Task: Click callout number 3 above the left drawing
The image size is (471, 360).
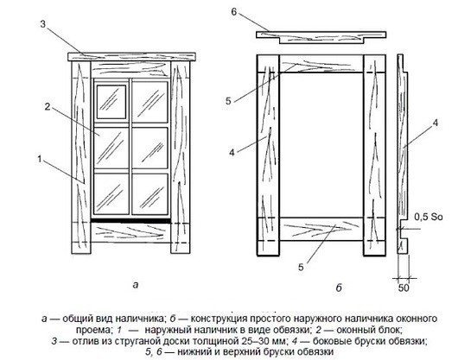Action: pyautogui.click(x=43, y=24)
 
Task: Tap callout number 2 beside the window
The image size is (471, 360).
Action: pyautogui.click(x=48, y=106)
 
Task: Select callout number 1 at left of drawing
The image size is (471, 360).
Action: pyautogui.click(x=40, y=159)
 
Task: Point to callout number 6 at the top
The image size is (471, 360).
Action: pyautogui.click(x=234, y=12)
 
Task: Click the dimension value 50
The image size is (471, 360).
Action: pyautogui.click(x=404, y=288)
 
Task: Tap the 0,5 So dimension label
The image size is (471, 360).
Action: pyautogui.click(x=429, y=217)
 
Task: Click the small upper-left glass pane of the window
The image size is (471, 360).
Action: pyautogui.click(x=111, y=102)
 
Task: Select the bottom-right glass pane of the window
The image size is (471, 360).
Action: pyautogui.click(x=150, y=194)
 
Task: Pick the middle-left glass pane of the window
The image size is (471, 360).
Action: pyautogui.click(x=111, y=148)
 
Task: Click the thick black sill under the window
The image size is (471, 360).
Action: pyautogui.click(x=130, y=221)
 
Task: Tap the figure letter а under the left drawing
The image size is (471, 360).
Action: pyautogui.click(x=136, y=284)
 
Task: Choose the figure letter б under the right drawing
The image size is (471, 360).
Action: pyautogui.click(x=339, y=287)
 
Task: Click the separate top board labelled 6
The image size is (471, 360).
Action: pyautogui.click(x=321, y=37)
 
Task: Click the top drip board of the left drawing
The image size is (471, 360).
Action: pyautogui.click(x=132, y=57)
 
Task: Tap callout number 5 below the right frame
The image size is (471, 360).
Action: pyautogui.click(x=301, y=267)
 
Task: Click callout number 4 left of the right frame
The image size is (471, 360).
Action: pyautogui.click(x=232, y=153)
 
